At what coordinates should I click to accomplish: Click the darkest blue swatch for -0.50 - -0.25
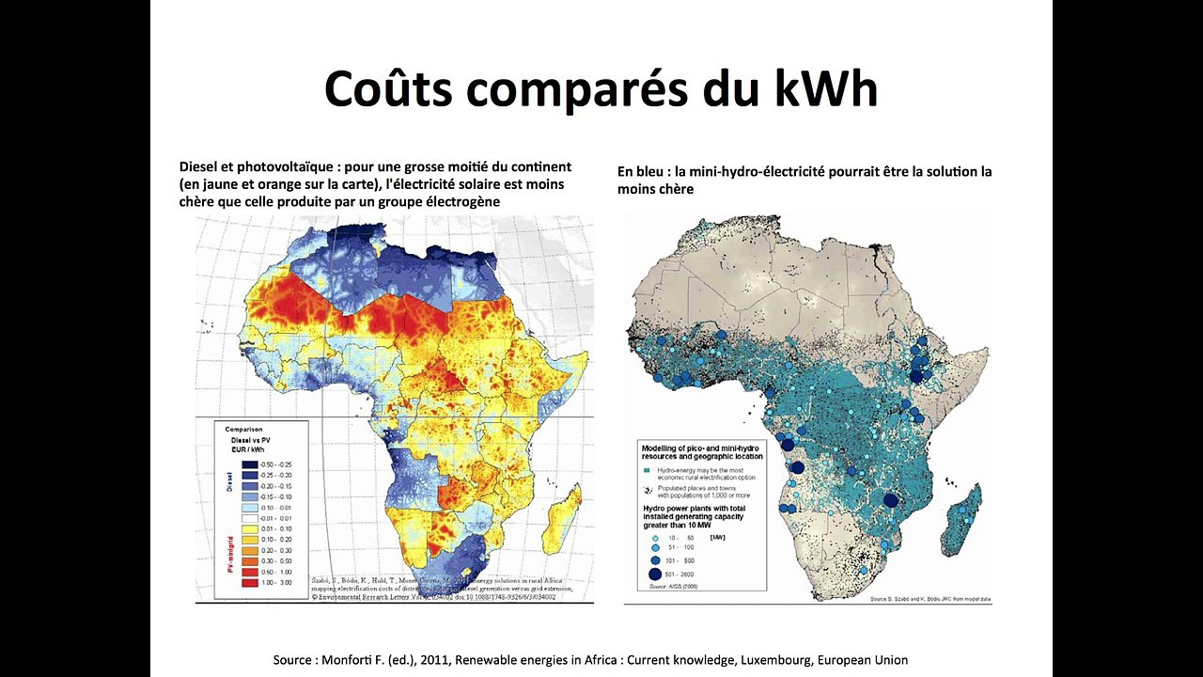[x=249, y=464]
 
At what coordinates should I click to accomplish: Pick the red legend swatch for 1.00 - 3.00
[x=249, y=583]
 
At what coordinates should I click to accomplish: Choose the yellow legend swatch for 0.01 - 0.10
[x=249, y=529]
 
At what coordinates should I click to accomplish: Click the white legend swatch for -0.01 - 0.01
[x=249, y=518]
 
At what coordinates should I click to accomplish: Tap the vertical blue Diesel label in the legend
[x=229, y=481]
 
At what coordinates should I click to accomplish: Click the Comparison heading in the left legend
[x=243, y=429]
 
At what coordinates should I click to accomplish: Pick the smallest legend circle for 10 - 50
[x=655, y=537]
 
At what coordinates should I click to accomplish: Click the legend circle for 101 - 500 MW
[x=655, y=559]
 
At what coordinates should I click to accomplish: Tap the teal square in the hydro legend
[x=647, y=469]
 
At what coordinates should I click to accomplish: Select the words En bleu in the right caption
[x=642, y=172]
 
